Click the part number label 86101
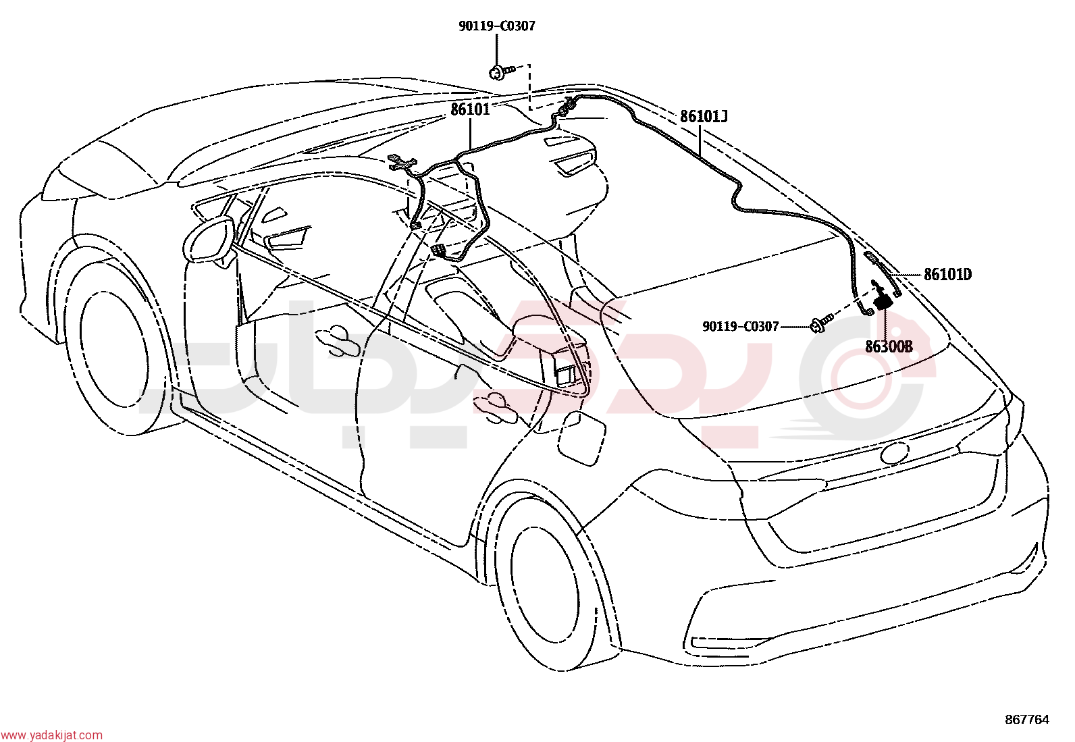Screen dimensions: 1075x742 tap(470, 109)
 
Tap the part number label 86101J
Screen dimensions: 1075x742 tap(704, 117)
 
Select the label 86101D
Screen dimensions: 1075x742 tap(948, 275)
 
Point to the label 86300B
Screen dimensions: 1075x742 tap(889, 346)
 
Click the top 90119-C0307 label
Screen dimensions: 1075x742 tap(497, 26)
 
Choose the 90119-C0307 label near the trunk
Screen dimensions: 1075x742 tap(741, 327)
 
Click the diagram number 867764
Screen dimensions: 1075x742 tap(1027, 720)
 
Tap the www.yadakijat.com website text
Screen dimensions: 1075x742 tap(51, 735)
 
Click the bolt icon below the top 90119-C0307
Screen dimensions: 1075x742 tap(501, 72)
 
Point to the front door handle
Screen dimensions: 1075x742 tap(338, 340)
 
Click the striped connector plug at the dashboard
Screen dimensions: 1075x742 tap(439, 250)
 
